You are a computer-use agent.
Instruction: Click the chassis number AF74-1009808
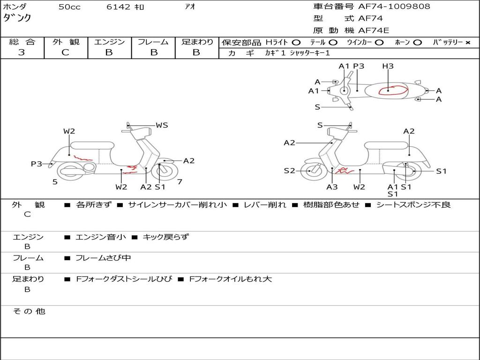click(394, 6)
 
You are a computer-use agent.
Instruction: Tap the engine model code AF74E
click(374, 30)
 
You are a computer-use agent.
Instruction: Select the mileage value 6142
click(119, 7)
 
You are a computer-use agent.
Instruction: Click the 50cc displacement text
click(69, 7)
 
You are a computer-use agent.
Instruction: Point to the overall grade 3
click(22, 52)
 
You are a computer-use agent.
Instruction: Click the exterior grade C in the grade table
click(65, 52)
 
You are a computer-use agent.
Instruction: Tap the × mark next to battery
click(468, 43)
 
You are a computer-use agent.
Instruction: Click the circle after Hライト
click(296, 43)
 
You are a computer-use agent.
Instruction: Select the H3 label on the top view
click(388, 66)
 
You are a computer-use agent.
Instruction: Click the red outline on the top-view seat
click(393, 86)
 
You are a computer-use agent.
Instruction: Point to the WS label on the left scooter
click(162, 125)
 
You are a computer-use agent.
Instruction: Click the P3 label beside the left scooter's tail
click(37, 164)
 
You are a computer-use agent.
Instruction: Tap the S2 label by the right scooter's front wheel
click(289, 171)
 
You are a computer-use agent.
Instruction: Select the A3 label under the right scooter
click(332, 187)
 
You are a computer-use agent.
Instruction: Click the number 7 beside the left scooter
click(180, 182)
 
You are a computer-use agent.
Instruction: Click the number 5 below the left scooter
click(55, 182)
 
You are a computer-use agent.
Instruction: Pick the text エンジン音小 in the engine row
click(101, 237)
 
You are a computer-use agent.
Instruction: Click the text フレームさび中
click(103, 258)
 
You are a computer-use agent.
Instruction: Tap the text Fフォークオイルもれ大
click(231, 279)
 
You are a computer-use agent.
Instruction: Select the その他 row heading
click(29, 311)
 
